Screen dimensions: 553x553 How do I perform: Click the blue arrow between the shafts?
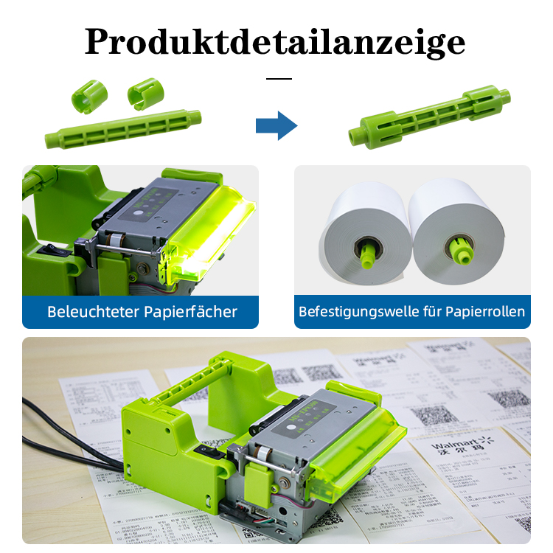coord(276,126)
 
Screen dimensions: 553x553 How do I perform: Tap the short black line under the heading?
coord(278,78)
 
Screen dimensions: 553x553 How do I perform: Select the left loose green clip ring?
coord(89,95)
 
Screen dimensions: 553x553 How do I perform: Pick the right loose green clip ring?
coord(145,92)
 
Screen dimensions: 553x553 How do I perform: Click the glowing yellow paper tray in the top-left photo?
coord(211,229)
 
